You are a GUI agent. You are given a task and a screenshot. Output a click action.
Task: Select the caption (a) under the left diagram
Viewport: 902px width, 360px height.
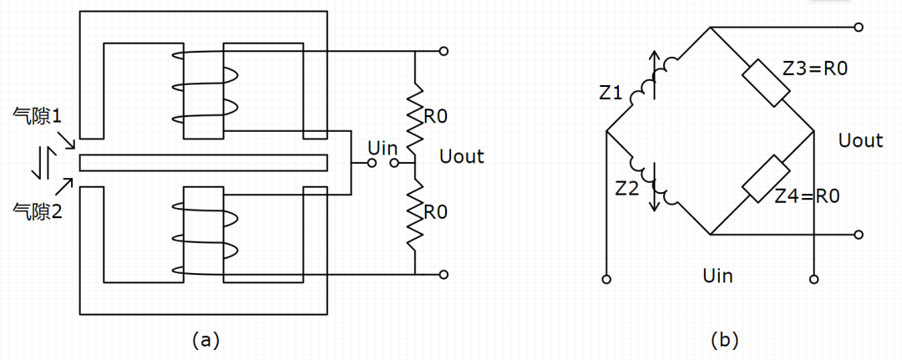click(205, 339)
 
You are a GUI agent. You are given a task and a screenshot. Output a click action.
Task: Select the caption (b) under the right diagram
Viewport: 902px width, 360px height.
click(724, 339)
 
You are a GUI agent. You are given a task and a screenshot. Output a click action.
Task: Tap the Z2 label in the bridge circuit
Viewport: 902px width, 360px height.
click(627, 190)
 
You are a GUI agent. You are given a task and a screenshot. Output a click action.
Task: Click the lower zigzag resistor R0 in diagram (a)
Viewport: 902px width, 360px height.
click(414, 212)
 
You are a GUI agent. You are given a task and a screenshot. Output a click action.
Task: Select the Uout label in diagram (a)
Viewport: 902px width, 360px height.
click(461, 156)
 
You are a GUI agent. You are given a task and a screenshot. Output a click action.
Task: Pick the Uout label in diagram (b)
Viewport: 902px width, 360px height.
click(860, 140)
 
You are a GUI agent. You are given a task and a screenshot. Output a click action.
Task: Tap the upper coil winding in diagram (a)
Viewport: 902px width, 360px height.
click(203, 86)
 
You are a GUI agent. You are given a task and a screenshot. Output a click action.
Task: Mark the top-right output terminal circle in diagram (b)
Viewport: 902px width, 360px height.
click(858, 28)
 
